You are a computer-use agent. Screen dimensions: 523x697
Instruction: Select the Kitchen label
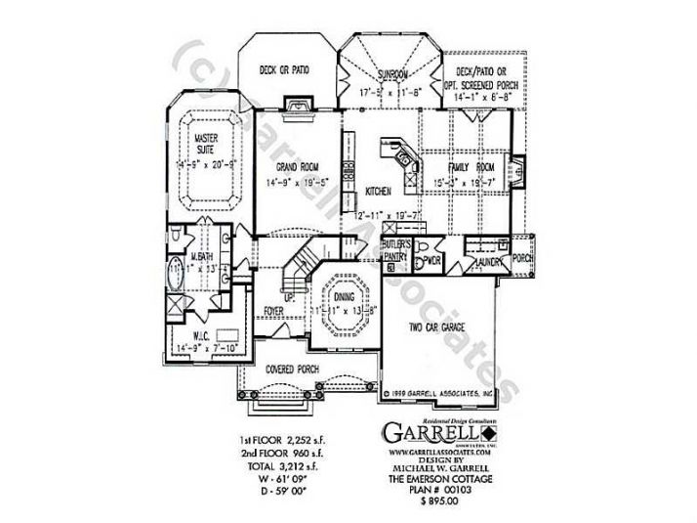(x=378, y=192)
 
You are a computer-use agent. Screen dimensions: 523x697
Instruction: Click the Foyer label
(x=275, y=311)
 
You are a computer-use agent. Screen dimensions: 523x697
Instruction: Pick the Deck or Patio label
(x=284, y=70)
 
